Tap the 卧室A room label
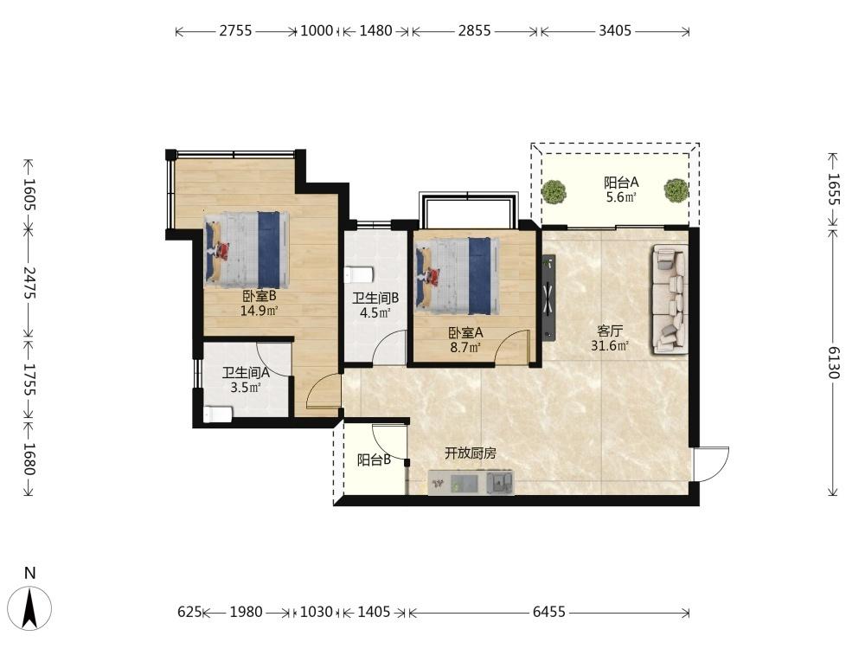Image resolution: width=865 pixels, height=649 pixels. coord(465,333)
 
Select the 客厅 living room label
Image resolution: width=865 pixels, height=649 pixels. coord(610,331)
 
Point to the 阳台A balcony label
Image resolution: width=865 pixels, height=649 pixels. coord(621,182)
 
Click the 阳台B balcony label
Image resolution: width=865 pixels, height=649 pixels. coord(374,459)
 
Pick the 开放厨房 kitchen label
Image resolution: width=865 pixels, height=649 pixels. coord(471,453)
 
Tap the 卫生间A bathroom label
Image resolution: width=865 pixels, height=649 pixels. coord(246,373)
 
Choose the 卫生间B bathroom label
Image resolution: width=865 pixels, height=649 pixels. coord(375,299)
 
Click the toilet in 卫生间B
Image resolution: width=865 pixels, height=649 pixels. coord(359,274)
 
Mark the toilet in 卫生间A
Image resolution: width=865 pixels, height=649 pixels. coord(218,414)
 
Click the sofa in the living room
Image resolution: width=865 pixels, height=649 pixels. coord(670,299)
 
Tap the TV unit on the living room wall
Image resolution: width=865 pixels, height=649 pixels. coord(548,297)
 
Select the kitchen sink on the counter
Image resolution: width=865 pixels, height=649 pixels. coord(499,483)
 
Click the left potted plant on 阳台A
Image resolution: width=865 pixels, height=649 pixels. coord(554,191)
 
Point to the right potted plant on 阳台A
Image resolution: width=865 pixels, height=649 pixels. coord(676,190)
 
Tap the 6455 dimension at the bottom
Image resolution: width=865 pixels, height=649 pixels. coord(549,612)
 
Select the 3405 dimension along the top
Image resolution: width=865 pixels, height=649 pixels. coord(615,31)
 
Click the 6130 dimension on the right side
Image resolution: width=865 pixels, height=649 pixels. coord(834,363)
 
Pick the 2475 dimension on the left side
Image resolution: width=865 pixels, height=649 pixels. coord(29,283)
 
